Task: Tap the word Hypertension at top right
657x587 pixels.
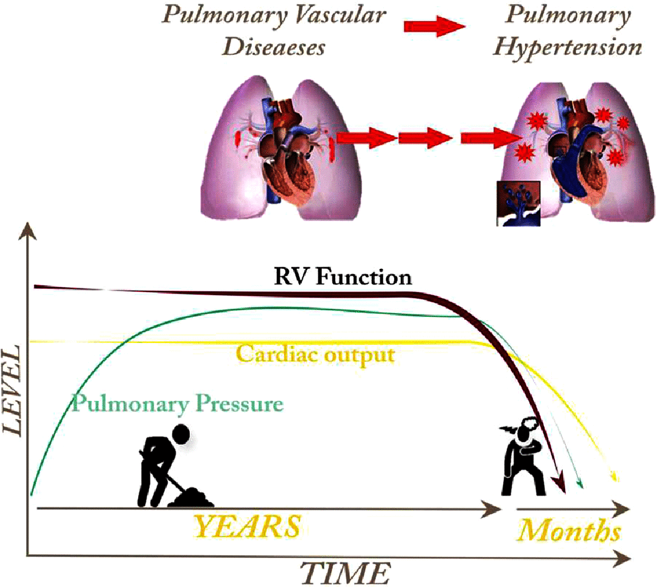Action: pyautogui.click(x=567, y=47)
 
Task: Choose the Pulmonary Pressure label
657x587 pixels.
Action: pyautogui.click(x=177, y=403)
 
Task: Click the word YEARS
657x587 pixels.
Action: pyautogui.click(x=247, y=527)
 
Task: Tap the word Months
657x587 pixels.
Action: pyautogui.click(x=568, y=530)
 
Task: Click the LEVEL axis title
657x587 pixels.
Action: pyautogui.click(x=13, y=390)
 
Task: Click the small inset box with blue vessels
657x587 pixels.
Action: pyautogui.click(x=518, y=203)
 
